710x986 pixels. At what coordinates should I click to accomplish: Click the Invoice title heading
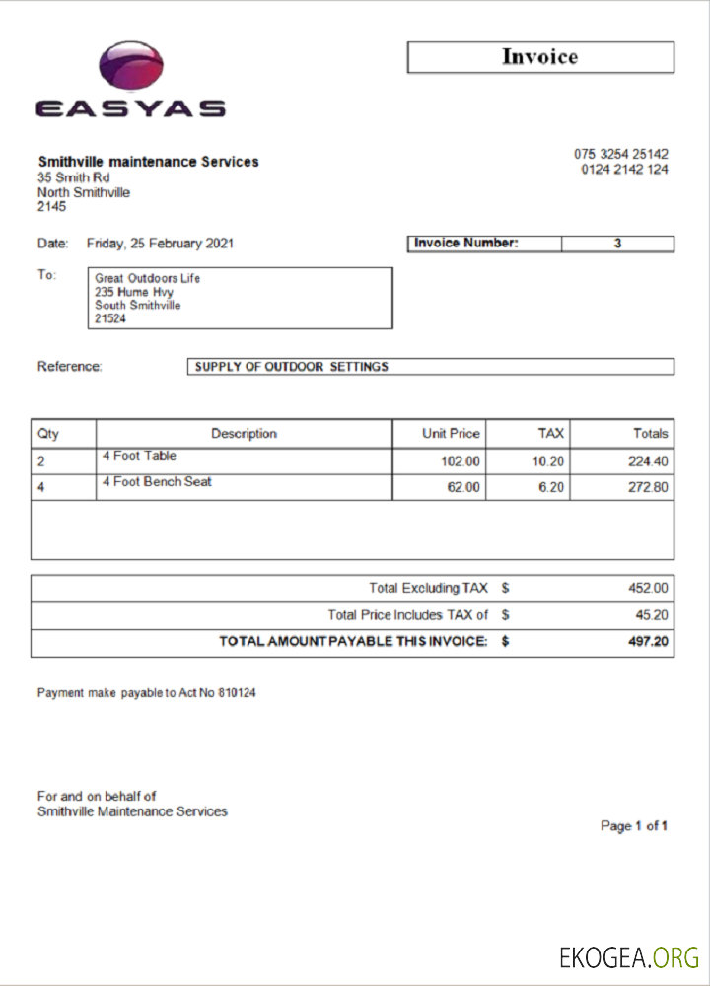coord(539,57)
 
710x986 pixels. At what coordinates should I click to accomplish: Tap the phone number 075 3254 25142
coord(621,154)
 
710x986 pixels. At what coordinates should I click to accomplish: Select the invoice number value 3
coord(617,244)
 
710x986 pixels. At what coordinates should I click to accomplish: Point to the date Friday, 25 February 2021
coord(161,244)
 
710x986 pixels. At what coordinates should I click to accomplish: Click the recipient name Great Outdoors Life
coord(147,278)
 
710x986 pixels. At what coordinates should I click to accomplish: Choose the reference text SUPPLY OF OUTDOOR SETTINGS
coord(292,367)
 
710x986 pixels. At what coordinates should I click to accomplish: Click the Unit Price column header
coord(451,433)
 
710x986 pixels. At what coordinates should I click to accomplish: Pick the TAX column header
coord(550,433)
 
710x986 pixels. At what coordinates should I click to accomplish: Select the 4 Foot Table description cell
coord(139,457)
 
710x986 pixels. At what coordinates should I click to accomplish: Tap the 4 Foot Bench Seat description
coord(157,482)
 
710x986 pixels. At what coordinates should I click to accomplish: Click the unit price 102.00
coord(461,461)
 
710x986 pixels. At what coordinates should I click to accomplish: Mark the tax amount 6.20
coord(550,487)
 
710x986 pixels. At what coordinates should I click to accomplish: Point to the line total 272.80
coord(648,487)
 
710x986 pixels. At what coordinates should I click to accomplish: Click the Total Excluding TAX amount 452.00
coord(648,588)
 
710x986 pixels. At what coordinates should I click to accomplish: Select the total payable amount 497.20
coord(648,642)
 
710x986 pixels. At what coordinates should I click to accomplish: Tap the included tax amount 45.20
coord(652,615)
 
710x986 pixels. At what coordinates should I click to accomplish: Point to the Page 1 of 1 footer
coord(634,825)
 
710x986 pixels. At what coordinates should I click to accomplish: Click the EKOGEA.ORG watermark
coord(629,957)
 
